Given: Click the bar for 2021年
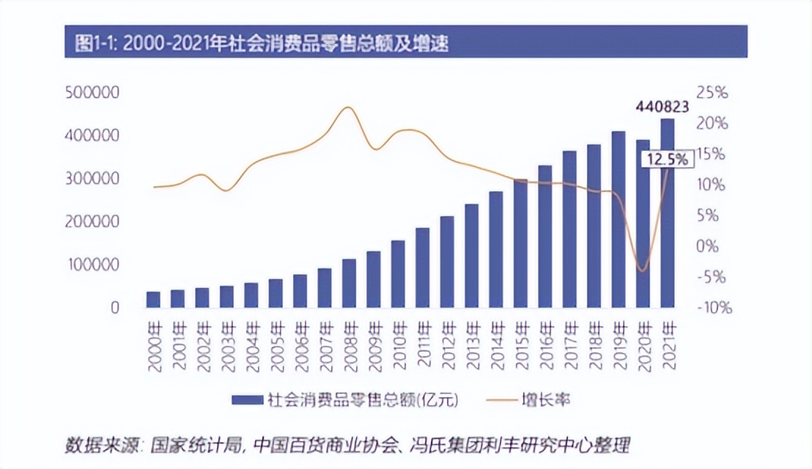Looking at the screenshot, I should [667, 213].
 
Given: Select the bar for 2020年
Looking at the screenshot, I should [643, 224].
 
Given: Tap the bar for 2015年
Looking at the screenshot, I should [520, 243].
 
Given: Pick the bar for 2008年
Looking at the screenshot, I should [349, 283].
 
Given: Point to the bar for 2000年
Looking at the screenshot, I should [153, 299].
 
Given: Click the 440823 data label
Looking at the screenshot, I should [661, 107].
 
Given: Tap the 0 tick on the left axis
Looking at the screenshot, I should [114, 308].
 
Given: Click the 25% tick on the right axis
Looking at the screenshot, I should [713, 93].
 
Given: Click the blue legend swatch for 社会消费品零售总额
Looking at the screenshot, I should [247, 399].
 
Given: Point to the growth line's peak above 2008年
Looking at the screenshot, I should [348, 108].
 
